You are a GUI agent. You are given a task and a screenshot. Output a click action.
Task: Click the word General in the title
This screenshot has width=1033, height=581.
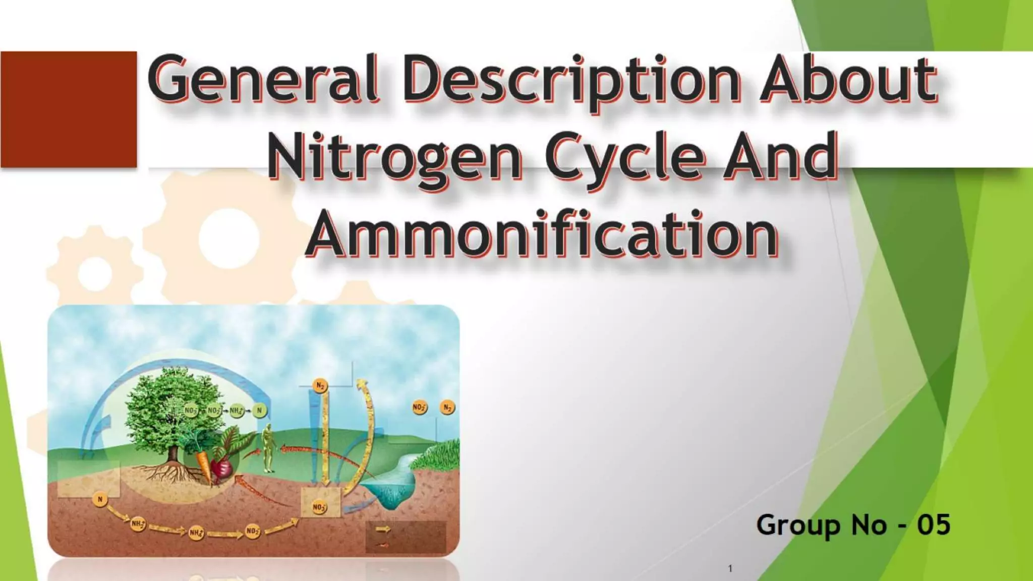263,79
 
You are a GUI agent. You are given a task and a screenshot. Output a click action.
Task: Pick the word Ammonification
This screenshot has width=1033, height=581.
542,235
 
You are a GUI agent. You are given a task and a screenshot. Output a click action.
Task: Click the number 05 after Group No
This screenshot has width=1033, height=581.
933,525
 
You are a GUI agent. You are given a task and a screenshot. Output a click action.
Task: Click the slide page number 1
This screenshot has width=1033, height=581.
730,568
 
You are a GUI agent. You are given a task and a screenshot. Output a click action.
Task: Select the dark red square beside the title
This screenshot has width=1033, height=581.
69,109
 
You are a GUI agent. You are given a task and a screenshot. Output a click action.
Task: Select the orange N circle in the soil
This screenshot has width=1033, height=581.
100,499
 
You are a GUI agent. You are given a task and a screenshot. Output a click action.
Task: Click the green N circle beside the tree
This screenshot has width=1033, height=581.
259,411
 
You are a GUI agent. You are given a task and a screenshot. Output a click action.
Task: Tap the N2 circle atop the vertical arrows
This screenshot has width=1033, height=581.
320,386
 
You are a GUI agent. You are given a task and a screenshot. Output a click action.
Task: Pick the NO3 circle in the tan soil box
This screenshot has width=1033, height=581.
319,506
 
